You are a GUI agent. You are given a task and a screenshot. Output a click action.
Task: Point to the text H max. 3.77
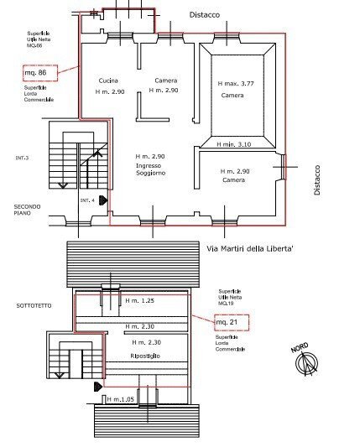click(237, 84)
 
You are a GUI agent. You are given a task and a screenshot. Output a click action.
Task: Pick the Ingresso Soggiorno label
click(150, 169)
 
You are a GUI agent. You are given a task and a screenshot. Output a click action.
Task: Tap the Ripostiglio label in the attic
click(145, 356)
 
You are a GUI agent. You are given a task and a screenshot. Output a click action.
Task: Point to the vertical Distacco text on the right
click(317, 179)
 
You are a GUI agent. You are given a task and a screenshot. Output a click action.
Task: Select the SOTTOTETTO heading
click(34, 305)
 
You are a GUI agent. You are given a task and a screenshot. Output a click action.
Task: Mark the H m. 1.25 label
click(138, 300)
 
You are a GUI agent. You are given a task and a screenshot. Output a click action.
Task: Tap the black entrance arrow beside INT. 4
click(102, 201)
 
